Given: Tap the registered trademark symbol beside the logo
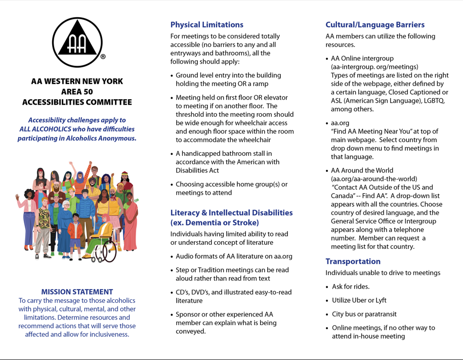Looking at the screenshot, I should coord(103,57).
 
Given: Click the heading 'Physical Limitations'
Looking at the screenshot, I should coord(206,25).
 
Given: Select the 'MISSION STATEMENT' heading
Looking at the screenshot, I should coord(77,292).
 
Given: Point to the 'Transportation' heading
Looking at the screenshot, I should coord(353,261).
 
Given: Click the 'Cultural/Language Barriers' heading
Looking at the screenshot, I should coord(374,25).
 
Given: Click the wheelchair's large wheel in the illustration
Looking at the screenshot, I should coord(106,253).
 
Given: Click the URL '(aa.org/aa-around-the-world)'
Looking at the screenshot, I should coord(374,179).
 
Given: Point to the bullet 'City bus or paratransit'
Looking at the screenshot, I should coord(364,314).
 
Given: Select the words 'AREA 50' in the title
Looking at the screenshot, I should coord(77,92).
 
